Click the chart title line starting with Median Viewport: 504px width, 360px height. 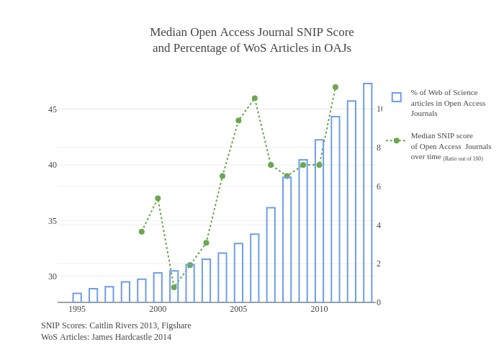[x=251, y=32]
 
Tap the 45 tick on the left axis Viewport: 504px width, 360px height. [x=53, y=109]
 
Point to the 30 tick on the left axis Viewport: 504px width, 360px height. [x=53, y=276]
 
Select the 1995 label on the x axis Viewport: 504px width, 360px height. [x=77, y=310]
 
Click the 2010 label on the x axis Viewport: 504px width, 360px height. [x=319, y=310]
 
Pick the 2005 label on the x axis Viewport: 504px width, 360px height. [x=238, y=310]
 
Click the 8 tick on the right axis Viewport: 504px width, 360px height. [x=379, y=148]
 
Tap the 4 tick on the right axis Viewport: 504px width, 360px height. [x=379, y=225]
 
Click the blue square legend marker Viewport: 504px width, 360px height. [x=397, y=97]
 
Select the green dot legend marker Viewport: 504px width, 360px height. [x=397, y=140]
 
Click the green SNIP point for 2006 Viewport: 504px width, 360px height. [x=255, y=99]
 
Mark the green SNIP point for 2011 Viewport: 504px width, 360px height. [x=336, y=87]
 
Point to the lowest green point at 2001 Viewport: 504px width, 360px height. [x=174, y=287]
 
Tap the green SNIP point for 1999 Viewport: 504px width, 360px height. [x=142, y=232]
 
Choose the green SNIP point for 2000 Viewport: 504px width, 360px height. [x=158, y=199]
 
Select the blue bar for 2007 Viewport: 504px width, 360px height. [x=271, y=255]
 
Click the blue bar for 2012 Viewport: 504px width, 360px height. [x=351, y=202]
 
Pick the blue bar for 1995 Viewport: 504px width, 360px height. [x=77, y=298]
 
